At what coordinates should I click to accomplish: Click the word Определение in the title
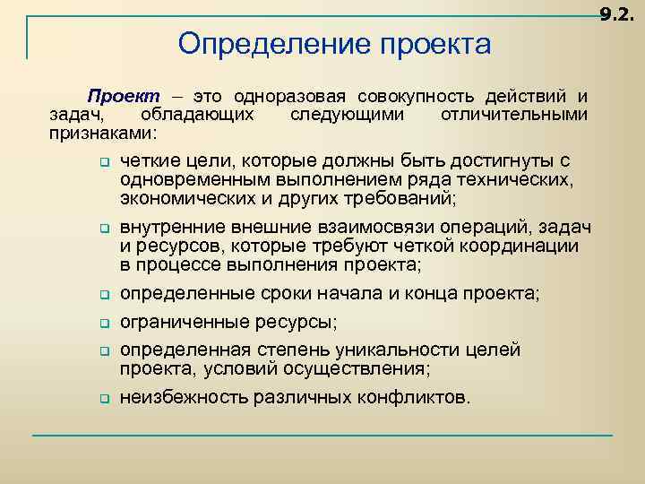254,44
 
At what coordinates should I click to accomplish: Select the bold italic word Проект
122,96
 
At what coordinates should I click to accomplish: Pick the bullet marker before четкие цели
103,163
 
